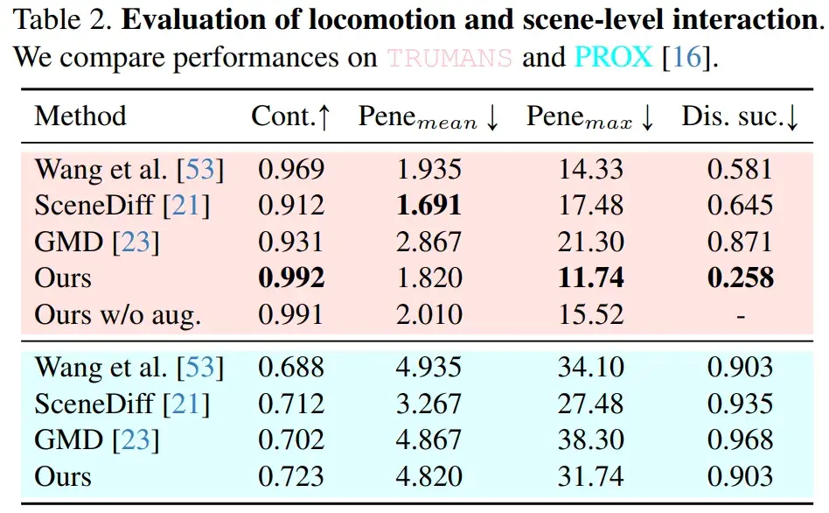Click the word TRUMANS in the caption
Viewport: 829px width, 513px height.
[x=449, y=59]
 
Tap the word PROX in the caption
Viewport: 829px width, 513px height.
[x=613, y=59]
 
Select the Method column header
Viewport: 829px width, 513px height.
[x=80, y=116]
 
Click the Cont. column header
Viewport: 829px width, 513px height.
[x=291, y=116]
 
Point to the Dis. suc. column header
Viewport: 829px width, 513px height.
[x=741, y=116]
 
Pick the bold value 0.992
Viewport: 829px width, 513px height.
[x=291, y=278]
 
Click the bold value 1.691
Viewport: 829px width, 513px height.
[x=428, y=206]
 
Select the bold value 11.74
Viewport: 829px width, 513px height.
[x=591, y=278]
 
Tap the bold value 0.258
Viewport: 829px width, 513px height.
[x=741, y=278]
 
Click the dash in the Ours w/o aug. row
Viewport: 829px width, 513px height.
[x=741, y=315]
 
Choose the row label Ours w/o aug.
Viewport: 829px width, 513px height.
[x=117, y=315]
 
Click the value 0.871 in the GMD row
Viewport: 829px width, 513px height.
[x=741, y=242]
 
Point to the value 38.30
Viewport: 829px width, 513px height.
[x=591, y=440]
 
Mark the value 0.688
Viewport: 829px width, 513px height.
[x=291, y=368]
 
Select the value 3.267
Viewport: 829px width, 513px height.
[x=428, y=404]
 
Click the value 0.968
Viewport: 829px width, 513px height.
[x=741, y=440]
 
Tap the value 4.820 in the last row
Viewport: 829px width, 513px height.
[x=428, y=477]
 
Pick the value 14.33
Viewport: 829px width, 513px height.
[x=591, y=169]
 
